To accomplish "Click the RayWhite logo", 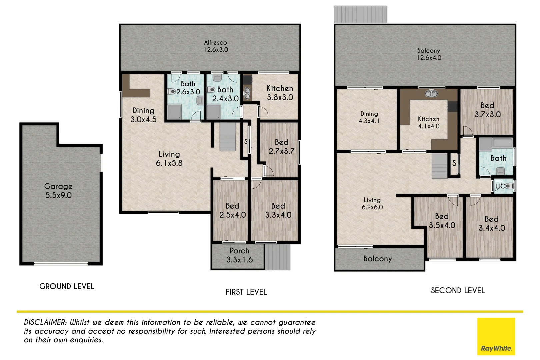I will [496, 336].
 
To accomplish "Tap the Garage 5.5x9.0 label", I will [59, 191].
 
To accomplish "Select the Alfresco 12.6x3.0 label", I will [216, 46].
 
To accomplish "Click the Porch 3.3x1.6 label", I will [239, 255].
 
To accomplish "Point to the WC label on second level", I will [500, 186].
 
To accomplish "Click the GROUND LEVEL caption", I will [67, 286].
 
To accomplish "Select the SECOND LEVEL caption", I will [458, 291].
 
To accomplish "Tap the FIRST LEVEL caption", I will [246, 292].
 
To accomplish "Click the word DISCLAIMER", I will [45, 322].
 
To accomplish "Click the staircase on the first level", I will [228, 137].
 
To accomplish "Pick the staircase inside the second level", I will [440, 166].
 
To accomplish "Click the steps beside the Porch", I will [277, 257].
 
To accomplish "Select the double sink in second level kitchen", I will [431, 94].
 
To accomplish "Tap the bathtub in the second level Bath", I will [502, 143].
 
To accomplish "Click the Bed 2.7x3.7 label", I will [281, 147].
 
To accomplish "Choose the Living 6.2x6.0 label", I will [372, 203].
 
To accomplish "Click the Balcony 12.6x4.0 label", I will [429, 54].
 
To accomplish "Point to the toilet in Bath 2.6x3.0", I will [172, 91].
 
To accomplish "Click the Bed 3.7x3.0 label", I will [487, 110].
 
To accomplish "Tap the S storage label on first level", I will [246, 142].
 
